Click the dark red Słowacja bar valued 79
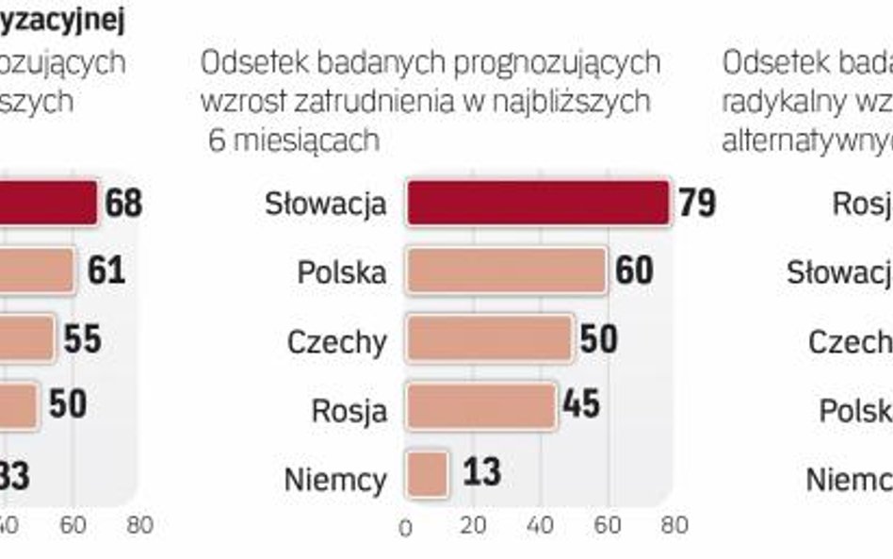pyautogui.click(x=537, y=204)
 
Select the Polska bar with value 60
pyautogui.click(x=506, y=271)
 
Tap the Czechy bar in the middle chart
pyautogui.click(x=490, y=339)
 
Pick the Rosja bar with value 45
pyautogui.click(x=481, y=406)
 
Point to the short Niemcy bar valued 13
pyautogui.click(x=428, y=473)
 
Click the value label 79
pyautogui.click(x=697, y=203)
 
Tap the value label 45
pyautogui.click(x=580, y=405)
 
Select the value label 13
pyautogui.click(x=481, y=472)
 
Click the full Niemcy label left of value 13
pyautogui.click(x=335, y=480)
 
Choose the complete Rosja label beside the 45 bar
pyautogui.click(x=349, y=411)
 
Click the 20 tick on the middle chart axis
pyautogui.click(x=473, y=525)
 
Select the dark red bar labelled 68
pyautogui.click(x=47, y=204)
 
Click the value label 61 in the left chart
pyautogui.click(x=106, y=271)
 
